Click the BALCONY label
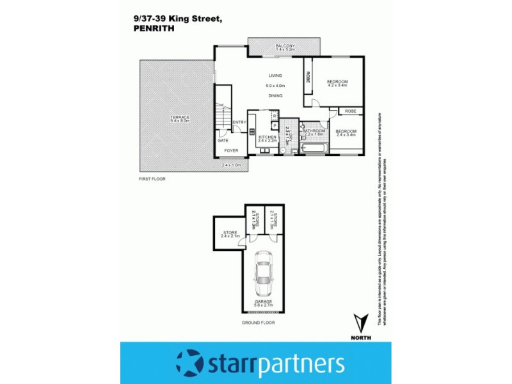point(285,45)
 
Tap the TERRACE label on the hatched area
point(180,118)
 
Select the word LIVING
point(275,76)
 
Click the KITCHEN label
point(267,137)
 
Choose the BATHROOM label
point(314,131)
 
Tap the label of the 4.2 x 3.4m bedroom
point(337,81)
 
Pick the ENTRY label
point(239,122)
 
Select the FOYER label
point(230,151)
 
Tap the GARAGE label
point(263,301)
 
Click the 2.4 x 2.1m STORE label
point(230,233)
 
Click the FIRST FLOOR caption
point(152,179)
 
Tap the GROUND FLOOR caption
point(259,323)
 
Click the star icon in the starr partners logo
point(190,363)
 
